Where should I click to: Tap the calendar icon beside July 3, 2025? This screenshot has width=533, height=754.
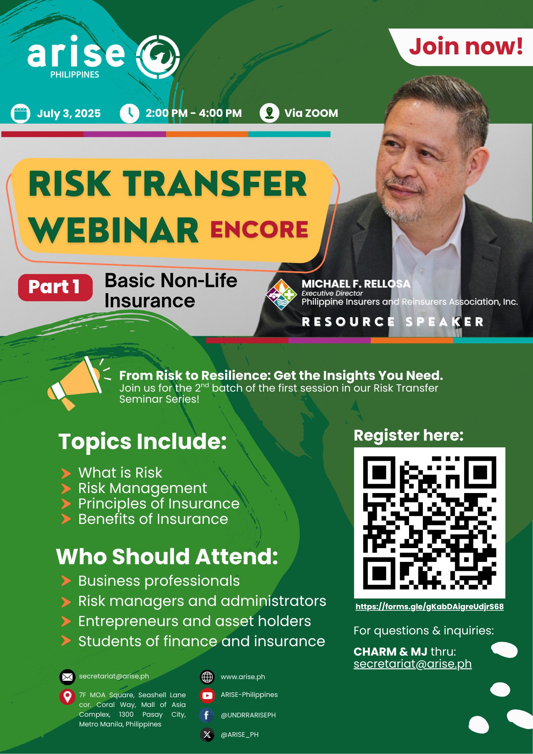(20, 114)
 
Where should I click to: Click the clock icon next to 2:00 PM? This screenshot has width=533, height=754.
(129, 113)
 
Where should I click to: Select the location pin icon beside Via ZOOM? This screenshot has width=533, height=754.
(269, 113)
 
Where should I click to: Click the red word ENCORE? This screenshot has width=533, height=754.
(259, 229)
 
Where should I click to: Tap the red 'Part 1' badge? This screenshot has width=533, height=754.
(55, 287)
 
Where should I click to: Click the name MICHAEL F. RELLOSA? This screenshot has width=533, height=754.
(356, 284)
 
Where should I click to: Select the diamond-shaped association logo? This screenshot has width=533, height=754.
(281, 295)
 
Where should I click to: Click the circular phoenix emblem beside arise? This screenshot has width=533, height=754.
(158, 57)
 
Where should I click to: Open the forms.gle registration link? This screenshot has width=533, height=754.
(430, 607)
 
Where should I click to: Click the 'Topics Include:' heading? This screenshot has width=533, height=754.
(143, 441)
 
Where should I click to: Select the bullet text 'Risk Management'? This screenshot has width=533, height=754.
(143, 488)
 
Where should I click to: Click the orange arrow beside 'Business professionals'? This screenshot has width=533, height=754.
(66, 581)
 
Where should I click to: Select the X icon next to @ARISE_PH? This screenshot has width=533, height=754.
(207, 735)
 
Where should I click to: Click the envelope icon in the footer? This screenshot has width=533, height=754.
(67, 677)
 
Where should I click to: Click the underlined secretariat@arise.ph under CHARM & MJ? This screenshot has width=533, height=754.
(413, 664)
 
